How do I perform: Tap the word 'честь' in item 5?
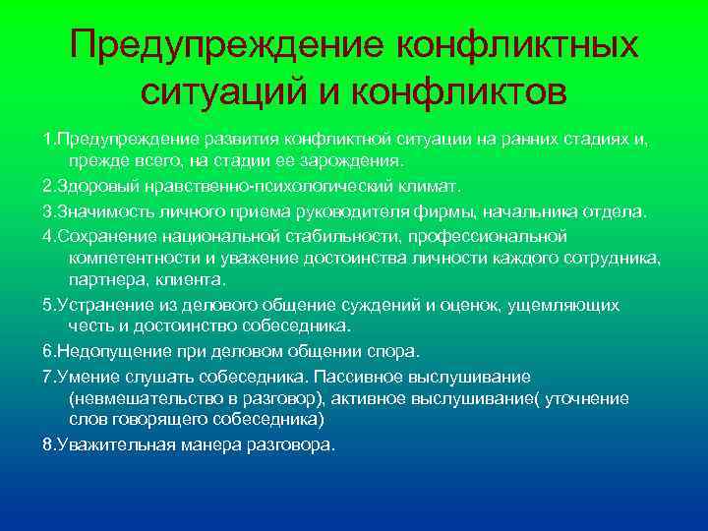90,326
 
